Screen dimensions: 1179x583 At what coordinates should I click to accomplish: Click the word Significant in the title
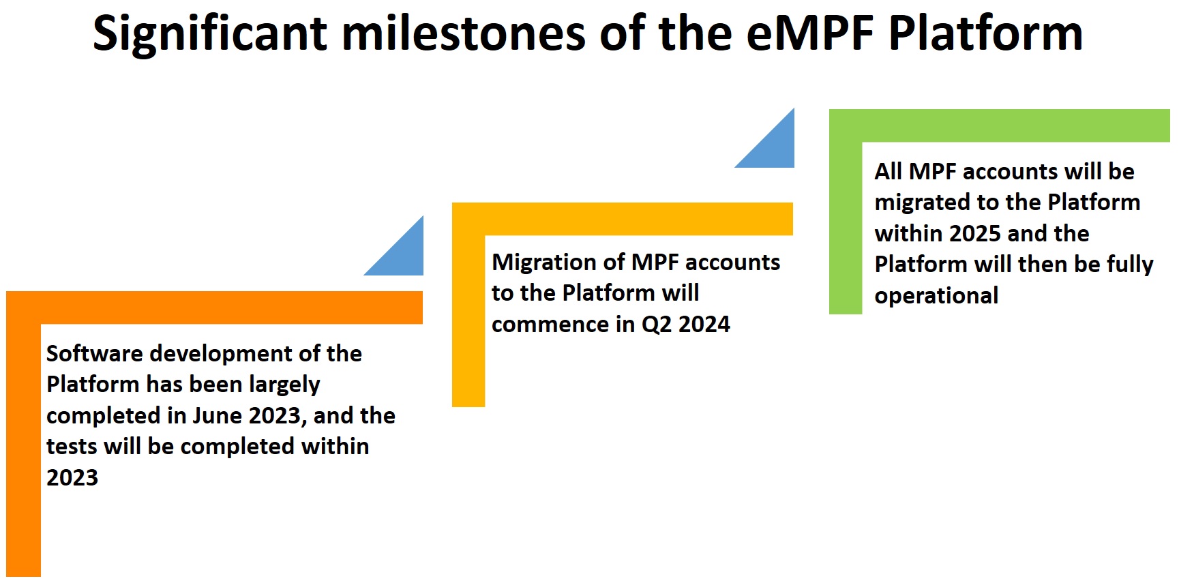point(210,34)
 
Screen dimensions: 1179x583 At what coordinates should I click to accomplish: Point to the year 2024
point(704,324)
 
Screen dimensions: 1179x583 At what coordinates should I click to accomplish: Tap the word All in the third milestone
point(889,171)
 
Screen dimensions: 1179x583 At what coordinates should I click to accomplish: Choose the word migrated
point(923,203)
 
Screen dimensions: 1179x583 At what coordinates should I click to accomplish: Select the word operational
point(936,296)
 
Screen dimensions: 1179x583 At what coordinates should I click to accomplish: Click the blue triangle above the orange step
point(404,255)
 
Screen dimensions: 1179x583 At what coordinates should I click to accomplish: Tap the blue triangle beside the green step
point(774,147)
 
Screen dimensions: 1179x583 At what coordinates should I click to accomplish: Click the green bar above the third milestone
point(1000,125)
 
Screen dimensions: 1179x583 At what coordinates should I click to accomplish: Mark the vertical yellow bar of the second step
point(468,320)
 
